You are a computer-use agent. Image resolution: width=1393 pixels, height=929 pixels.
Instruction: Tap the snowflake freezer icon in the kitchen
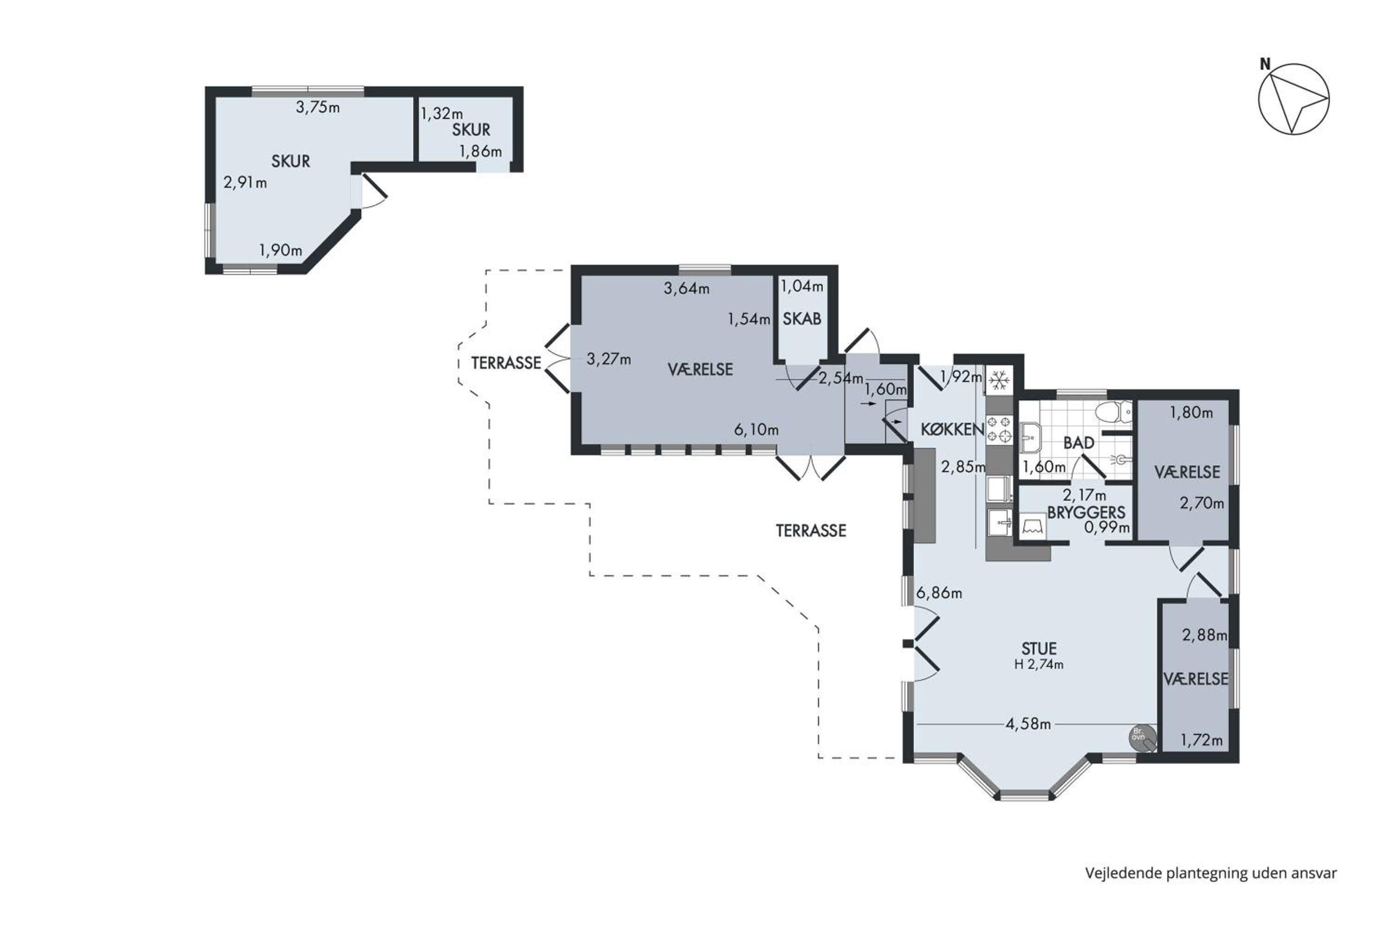[1000, 380]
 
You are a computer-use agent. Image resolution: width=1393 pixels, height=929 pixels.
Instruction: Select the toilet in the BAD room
[1113, 412]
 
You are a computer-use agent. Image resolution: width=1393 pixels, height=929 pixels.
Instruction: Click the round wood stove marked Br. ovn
[1142, 738]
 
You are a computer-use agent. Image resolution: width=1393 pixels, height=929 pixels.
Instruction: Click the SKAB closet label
[802, 319]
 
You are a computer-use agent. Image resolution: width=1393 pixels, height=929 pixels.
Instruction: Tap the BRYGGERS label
[1086, 512]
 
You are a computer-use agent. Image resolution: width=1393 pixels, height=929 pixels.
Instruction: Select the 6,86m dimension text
[939, 593]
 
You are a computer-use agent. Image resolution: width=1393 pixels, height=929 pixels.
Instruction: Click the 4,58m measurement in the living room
[1028, 724]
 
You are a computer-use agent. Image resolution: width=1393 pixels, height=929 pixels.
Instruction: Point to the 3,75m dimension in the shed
[318, 107]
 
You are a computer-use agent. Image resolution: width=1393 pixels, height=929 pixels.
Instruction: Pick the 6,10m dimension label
[756, 430]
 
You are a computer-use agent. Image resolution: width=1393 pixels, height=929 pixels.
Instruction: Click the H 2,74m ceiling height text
[1039, 664]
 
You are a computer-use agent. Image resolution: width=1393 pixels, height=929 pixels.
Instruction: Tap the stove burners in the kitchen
[1000, 430]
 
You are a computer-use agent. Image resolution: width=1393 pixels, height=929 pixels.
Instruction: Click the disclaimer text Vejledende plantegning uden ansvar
[1211, 873]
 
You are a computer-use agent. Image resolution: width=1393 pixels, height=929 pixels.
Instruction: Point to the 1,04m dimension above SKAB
[802, 286]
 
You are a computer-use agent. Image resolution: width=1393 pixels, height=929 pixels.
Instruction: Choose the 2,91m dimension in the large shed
[245, 183]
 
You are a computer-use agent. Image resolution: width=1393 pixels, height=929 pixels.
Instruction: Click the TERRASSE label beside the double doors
[507, 363]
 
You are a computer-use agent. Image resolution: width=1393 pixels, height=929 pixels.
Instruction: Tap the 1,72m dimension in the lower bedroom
[1202, 740]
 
